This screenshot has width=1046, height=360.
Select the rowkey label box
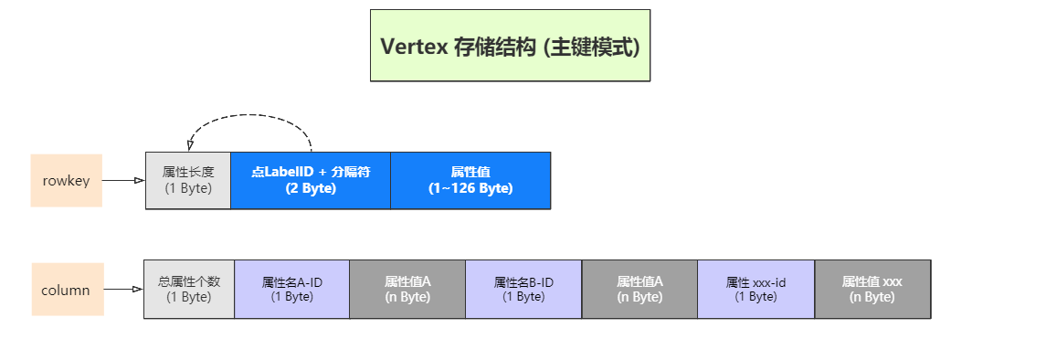click(66, 180)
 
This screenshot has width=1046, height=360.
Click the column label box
click(68, 290)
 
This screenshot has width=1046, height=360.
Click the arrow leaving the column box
click(123, 290)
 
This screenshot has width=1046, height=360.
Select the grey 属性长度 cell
click(188, 180)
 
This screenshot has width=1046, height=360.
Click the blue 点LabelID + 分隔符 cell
click(311, 180)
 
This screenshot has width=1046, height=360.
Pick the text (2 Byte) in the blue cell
click(311, 188)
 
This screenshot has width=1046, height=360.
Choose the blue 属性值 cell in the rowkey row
click(470, 180)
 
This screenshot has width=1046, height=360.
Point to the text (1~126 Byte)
click(470, 188)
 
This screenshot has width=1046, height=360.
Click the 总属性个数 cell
click(189, 290)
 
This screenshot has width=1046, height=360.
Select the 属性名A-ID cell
click(292, 290)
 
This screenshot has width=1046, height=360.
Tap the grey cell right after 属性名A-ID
click(407, 290)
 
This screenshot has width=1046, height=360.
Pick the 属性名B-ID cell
click(523, 290)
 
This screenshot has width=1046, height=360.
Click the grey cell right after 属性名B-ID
click(639, 290)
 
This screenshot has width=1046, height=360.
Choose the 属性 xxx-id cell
click(755, 290)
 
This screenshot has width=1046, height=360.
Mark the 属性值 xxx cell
click(872, 290)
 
